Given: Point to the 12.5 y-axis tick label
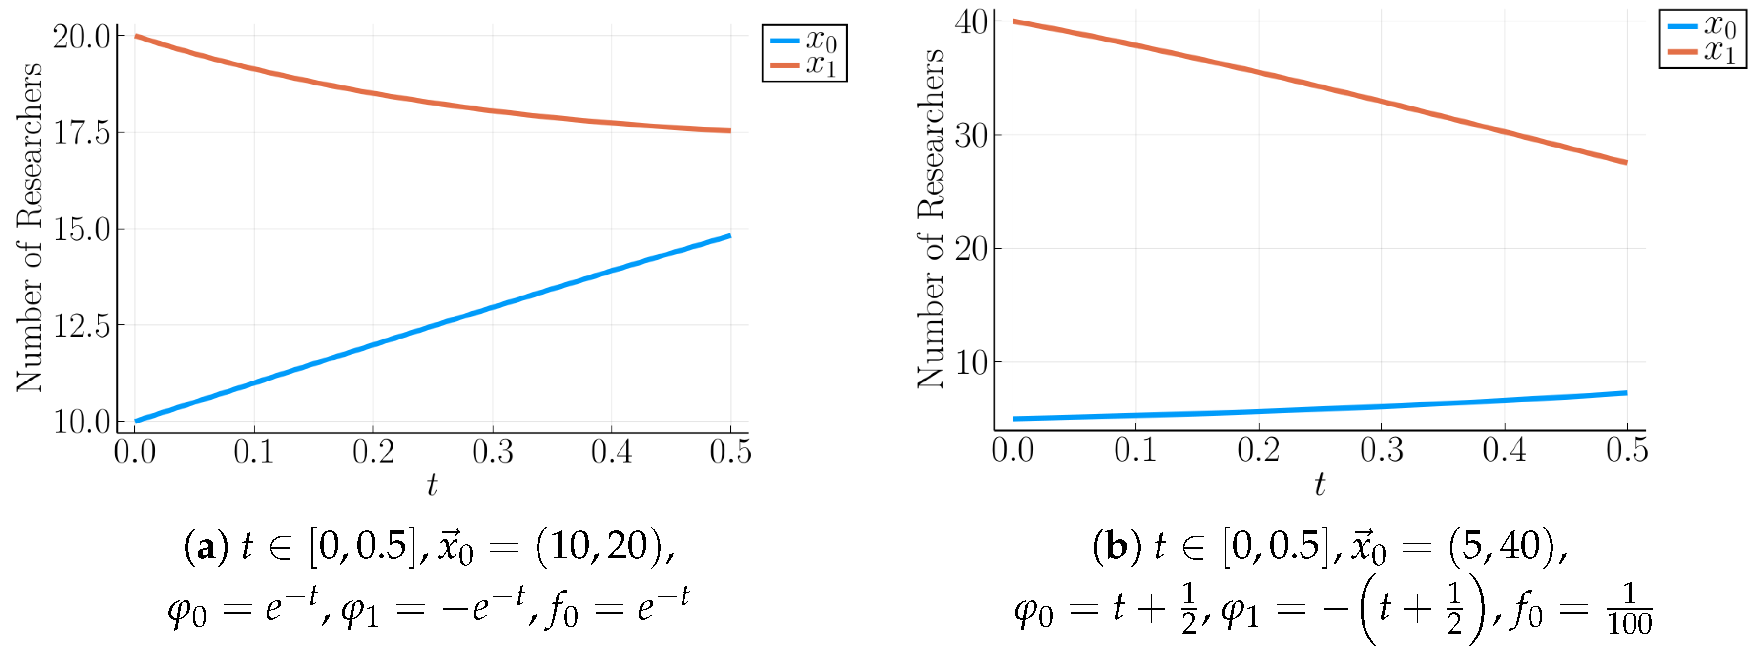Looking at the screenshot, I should pyautogui.click(x=82, y=326).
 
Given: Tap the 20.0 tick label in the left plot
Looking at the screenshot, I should pyautogui.click(x=82, y=37).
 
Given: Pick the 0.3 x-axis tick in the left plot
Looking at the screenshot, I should pyautogui.click(x=492, y=452).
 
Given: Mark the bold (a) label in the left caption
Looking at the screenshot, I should pyautogui.click(x=206, y=547).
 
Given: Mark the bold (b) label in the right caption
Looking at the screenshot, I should pyautogui.click(x=1117, y=547).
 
